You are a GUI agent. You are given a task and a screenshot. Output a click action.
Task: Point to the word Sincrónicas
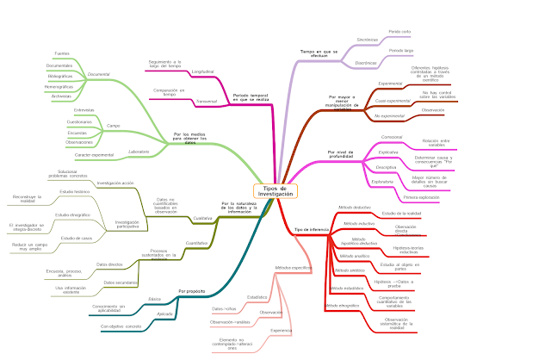[368, 39]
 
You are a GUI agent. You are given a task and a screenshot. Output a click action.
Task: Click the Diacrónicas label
[368, 63]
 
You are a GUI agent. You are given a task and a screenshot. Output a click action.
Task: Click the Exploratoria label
[381, 182]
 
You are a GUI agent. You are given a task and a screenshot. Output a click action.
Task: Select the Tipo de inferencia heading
[312, 230]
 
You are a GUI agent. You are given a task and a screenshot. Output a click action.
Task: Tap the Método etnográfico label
[343, 306]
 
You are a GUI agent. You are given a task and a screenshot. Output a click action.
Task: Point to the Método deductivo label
[354, 208]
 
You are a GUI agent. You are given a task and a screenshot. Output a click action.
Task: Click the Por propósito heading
[192, 291]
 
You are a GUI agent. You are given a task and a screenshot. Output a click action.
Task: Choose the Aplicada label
[155, 315]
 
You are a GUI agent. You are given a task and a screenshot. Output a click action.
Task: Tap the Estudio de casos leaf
[77, 237]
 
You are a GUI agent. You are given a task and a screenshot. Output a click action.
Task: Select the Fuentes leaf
[62, 53]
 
